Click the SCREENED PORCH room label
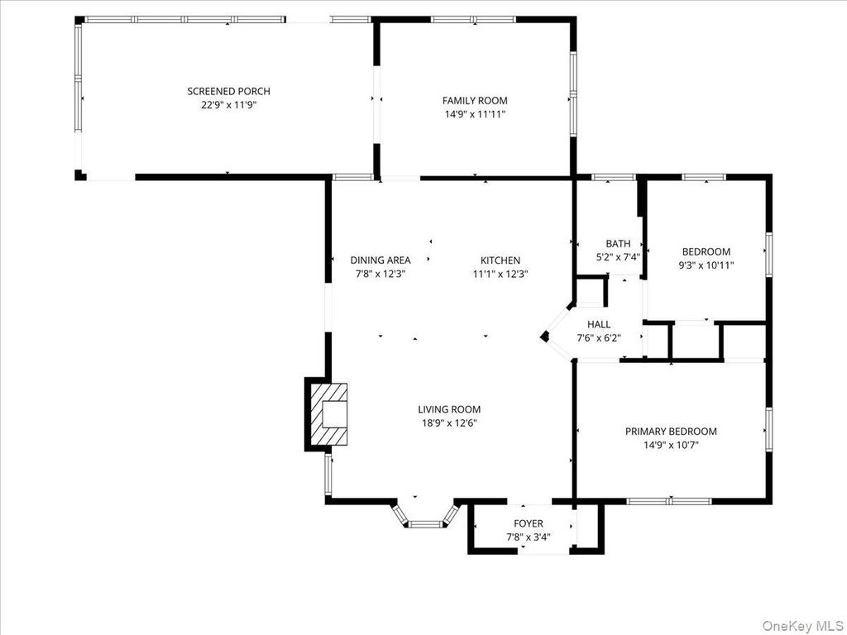point(228,91)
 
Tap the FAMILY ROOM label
point(475,101)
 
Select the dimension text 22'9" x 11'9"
point(228,105)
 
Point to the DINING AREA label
point(380,260)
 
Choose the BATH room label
point(618,243)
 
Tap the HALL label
point(599,324)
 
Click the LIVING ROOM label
point(448,409)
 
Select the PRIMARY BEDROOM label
point(671,431)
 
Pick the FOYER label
point(529,523)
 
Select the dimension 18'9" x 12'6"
point(448,423)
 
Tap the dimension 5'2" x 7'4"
point(618,257)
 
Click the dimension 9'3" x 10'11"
point(706,265)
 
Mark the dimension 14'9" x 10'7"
point(671,445)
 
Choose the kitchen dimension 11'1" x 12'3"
point(500,274)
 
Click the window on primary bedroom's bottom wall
point(668,500)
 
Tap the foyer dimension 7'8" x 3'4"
point(529,537)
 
